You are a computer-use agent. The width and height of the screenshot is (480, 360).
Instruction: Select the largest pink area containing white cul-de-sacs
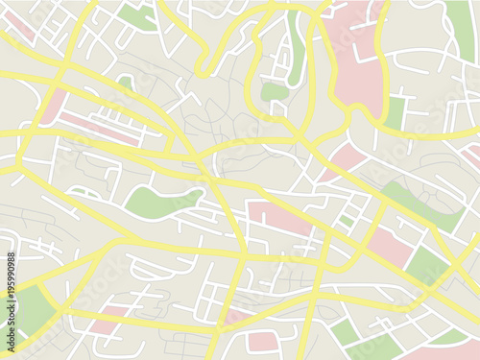point(357,58)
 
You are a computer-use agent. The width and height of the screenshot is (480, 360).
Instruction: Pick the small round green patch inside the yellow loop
point(275,92)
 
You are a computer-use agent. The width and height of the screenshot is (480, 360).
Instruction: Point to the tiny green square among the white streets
point(347,221)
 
